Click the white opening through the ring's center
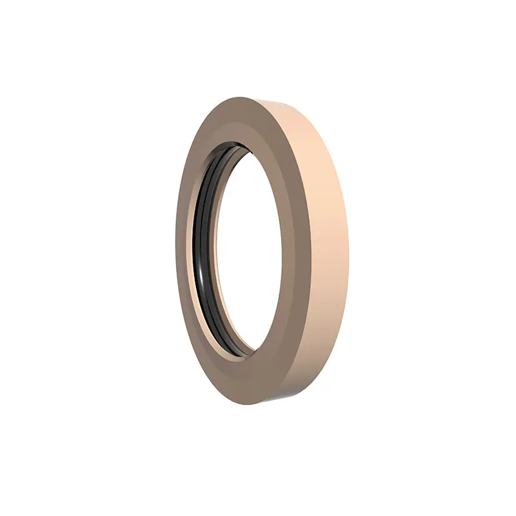(248, 252)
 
